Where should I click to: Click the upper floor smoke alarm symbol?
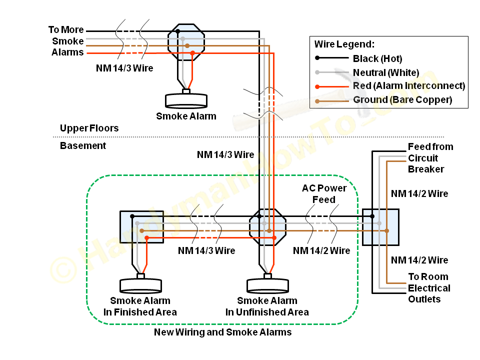186,99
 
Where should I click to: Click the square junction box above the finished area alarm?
142,227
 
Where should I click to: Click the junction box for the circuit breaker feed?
381,227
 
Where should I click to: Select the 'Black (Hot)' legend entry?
377,58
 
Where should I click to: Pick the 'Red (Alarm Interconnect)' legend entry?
408,86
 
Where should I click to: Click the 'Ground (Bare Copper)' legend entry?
402,100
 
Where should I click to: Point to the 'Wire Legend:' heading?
344,44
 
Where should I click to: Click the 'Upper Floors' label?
89,128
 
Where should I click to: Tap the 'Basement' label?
83,146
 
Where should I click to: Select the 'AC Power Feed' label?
324,194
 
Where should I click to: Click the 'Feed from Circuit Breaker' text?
430,158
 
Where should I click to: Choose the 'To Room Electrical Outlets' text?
428,288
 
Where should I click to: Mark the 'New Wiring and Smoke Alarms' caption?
222,332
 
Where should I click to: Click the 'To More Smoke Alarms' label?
67,41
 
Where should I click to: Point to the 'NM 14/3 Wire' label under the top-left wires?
124,67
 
